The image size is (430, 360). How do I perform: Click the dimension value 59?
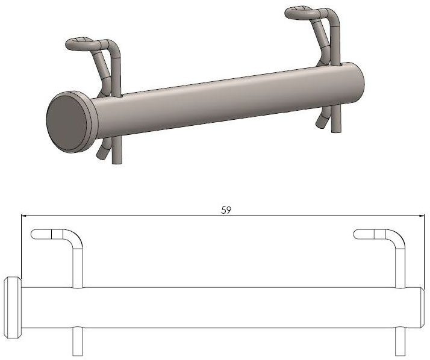226,210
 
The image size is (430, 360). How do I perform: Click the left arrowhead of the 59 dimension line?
24,216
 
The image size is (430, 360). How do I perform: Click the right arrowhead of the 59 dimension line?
421,216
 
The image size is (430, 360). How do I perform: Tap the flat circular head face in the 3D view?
67,122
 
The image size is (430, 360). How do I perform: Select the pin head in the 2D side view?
13,308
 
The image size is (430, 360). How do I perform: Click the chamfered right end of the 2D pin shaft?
422,308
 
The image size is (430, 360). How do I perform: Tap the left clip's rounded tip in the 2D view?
34,234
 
